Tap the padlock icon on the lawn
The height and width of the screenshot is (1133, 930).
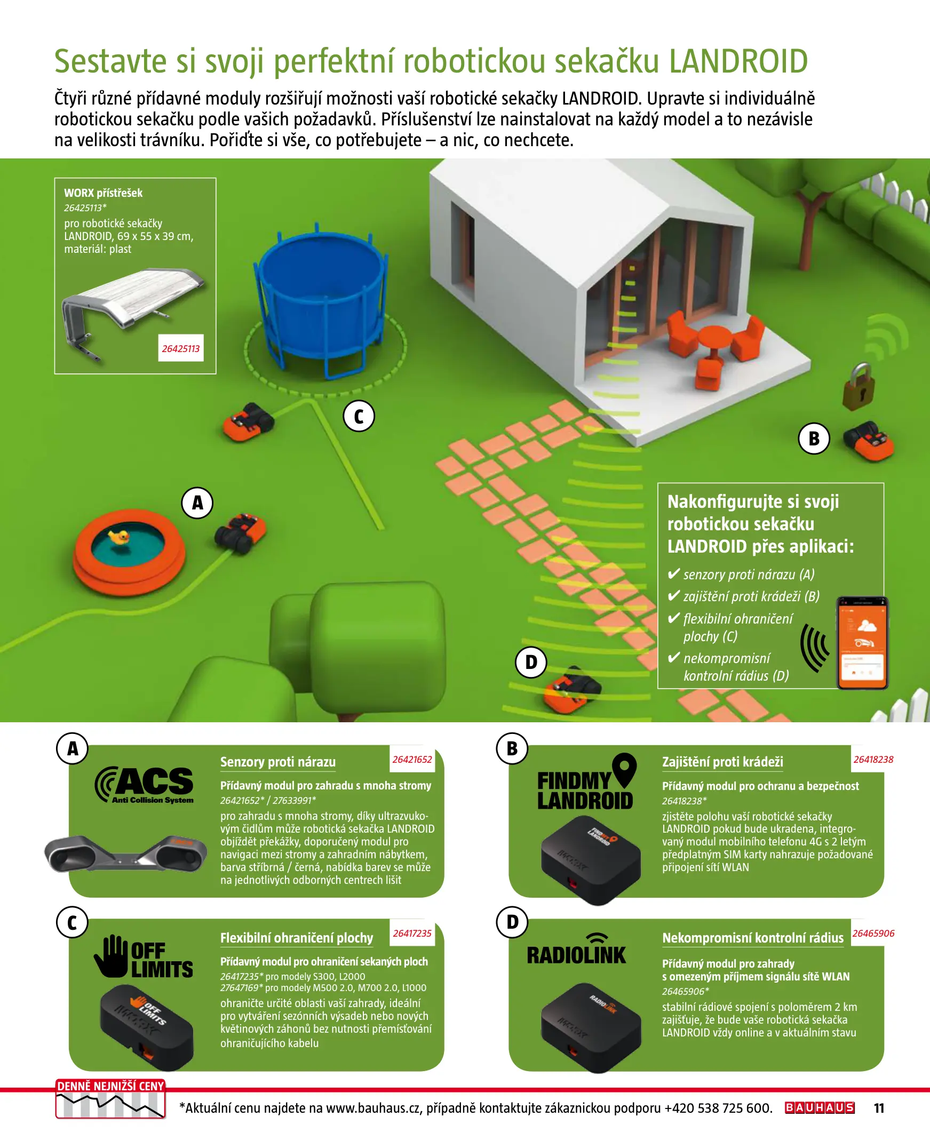(x=858, y=387)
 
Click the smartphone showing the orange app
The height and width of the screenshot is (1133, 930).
(x=862, y=643)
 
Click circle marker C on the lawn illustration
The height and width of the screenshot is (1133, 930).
(x=359, y=416)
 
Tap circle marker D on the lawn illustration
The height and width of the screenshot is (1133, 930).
(x=530, y=663)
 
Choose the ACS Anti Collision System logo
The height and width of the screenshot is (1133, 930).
(x=144, y=785)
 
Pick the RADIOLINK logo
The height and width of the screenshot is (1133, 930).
(x=576, y=949)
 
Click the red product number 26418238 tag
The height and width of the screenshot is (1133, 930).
(x=873, y=759)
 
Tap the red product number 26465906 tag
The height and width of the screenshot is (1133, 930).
(x=873, y=933)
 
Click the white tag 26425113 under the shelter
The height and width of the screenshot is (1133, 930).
(x=180, y=348)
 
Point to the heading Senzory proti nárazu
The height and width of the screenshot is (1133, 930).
(x=278, y=762)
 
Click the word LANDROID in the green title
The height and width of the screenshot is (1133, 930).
(x=738, y=61)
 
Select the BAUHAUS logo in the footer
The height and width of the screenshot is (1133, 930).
(x=819, y=1108)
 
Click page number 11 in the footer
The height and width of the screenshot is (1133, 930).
(x=879, y=1108)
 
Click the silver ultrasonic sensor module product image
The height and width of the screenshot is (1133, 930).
(x=126, y=853)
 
